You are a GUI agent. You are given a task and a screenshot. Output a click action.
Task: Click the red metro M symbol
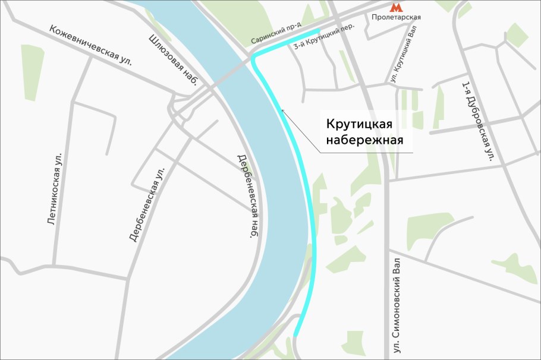(395, 7)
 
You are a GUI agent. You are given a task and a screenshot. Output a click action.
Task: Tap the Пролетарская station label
(396, 17)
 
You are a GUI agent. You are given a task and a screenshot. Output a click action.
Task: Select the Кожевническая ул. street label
(90, 45)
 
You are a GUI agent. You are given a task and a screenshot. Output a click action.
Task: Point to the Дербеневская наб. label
(247, 196)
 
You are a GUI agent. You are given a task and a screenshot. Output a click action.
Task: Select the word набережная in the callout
(364, 141)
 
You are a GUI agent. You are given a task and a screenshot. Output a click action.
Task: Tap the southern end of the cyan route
(295, 336)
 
